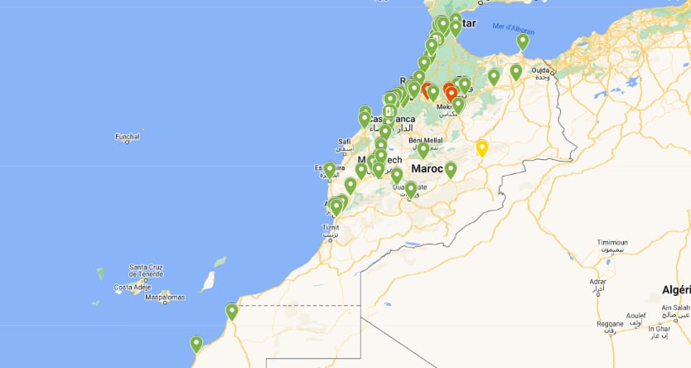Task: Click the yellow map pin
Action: tap(481, 148)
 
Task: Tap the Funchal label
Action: tap(128, 138)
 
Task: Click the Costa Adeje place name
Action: tap(135, 288)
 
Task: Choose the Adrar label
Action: tap(597, 282)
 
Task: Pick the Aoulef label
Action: tap(636, 316)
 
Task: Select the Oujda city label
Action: tap(541, 70)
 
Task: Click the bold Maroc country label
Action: tap(428, 168)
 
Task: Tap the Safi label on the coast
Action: tap(345, 141)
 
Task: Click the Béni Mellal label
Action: tap(426, 140)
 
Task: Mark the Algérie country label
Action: tap(675, 288)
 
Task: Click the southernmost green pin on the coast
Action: tap(196, 343)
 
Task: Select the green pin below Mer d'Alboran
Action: tap(522, 41)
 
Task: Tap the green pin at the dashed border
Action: tap(231, 312)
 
